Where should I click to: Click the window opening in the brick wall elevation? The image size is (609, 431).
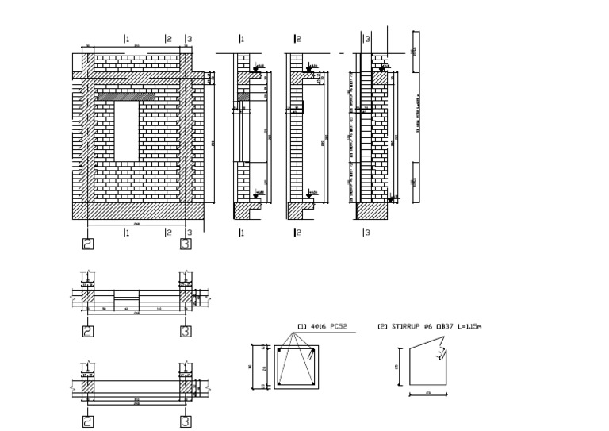click(126, 130)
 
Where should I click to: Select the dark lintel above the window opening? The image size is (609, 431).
click(126, 96)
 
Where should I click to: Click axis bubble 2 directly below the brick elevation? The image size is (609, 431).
click(88, 244)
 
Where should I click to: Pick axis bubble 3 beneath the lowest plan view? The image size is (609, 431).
click(186, 421)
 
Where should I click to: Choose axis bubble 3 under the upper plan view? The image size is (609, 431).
click(186, 331)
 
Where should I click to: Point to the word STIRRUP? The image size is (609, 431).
click(408, 326)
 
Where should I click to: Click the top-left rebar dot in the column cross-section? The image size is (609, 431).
click(280, 350)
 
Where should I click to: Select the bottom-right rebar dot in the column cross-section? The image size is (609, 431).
click(313, 384)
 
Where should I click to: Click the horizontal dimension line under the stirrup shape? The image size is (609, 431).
click(428, 394)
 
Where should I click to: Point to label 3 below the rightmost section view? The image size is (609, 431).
click(366, 233)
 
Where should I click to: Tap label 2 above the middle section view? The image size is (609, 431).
click(297, 39)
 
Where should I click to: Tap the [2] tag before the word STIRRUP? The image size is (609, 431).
click(382, 326)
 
